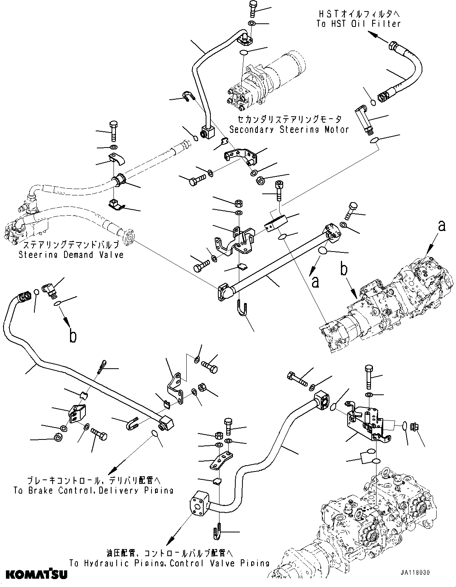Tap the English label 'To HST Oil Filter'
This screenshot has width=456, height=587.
click(358, 23)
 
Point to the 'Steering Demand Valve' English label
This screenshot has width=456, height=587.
click(71, 255)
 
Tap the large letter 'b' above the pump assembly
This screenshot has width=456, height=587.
click(344, 271)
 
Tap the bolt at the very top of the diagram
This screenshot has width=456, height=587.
click(254, 8)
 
